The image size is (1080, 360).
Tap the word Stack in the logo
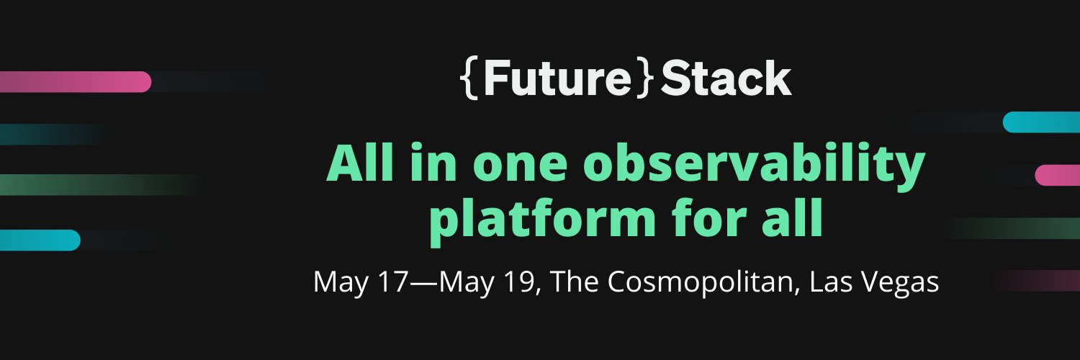click(x=726, y=79)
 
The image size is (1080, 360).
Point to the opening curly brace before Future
click(x=469, y=79)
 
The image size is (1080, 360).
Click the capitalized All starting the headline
click(x=363, y=164)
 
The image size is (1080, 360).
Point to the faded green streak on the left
click(x=94, y=184)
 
